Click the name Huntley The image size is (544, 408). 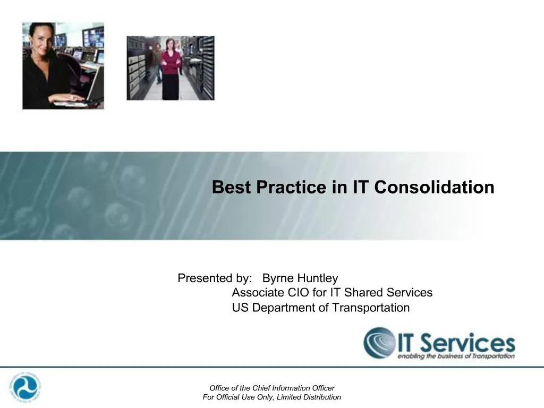pos(317,278)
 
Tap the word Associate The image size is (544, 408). pos(258,293)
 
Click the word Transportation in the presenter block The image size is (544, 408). pos(371,308)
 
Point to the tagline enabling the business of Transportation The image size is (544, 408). pos(456,356)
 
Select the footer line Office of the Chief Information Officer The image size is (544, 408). pos(272,388)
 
